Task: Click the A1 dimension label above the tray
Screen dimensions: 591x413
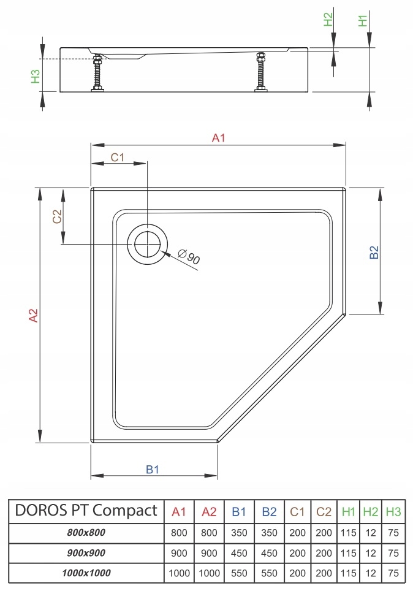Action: pos(219,138)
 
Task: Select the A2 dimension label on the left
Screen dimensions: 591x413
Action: pos(34,315)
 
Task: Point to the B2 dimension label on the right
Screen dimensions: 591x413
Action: pos(374,253)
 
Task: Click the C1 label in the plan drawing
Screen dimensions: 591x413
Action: pos(118,157)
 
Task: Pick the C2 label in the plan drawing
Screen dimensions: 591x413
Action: pos(56,217)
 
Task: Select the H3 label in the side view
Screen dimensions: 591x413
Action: pos(36,76)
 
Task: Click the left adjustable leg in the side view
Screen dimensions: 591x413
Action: pos(97,74)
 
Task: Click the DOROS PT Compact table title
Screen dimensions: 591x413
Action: pos(85,511)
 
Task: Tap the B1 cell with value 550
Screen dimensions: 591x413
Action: pos(238,574)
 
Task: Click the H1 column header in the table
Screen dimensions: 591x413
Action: pos(349,511)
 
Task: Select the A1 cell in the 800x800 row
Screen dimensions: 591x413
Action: pos(178,533)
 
